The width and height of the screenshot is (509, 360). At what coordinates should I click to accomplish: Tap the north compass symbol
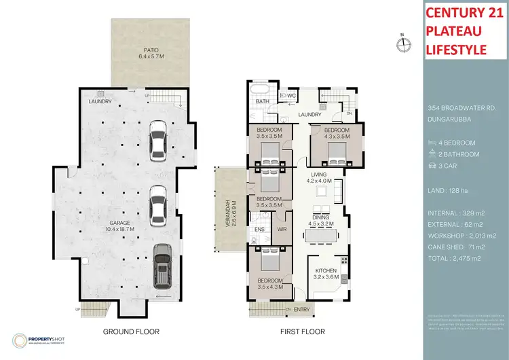(405, 44)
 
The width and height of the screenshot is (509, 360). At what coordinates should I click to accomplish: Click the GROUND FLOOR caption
(130, 332)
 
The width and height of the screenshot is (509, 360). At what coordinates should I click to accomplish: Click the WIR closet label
(283, 230)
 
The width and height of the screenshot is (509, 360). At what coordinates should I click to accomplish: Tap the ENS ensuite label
(259, 230)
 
